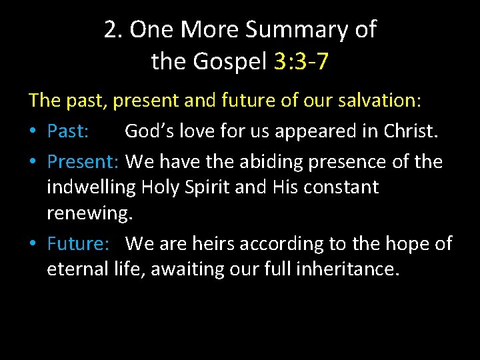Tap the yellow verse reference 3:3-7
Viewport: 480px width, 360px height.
pos(301,62)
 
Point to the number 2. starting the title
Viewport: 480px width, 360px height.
pos(114,30)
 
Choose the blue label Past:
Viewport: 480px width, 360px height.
pos(68,131)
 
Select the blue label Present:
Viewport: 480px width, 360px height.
pos(83,162)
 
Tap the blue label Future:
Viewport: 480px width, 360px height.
pos(78,243)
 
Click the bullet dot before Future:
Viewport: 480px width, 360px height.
pos(33,244)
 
